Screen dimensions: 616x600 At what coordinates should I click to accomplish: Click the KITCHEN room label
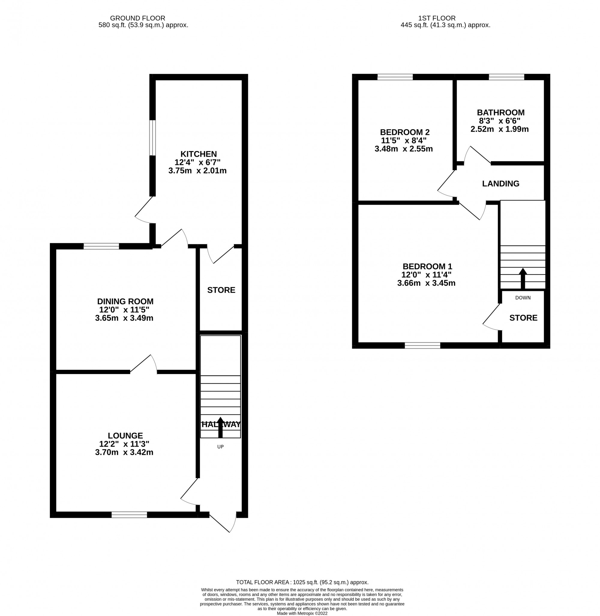[198, 154]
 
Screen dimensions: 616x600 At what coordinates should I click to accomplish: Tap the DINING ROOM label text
[125, 301]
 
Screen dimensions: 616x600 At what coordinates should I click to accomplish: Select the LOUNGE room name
[125, 436]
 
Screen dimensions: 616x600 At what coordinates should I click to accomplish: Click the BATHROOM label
[500, 112]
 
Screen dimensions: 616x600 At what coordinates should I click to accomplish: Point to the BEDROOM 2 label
[405, 132]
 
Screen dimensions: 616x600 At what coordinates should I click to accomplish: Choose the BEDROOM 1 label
[427, 266]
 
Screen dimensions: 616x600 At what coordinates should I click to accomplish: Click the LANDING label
[500, 184]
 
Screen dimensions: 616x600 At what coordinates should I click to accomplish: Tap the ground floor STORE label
[221, 290]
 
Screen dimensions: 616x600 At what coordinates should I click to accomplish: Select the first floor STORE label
[523, 318]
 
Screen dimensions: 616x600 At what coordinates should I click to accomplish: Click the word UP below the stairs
[220, 447]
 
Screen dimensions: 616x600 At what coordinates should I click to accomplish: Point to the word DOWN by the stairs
[523, 298]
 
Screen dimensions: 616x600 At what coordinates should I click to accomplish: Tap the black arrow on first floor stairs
[523, 278]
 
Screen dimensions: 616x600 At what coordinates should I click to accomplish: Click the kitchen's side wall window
[152, 138]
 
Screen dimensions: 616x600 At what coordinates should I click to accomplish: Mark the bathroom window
[506, 77]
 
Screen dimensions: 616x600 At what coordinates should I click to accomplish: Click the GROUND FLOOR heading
[137, 18]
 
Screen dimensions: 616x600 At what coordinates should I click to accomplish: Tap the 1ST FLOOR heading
[436, 18]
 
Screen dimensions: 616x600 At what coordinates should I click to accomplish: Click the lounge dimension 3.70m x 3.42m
[124, 453]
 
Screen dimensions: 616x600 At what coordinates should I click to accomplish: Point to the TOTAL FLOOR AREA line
[302, 582]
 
